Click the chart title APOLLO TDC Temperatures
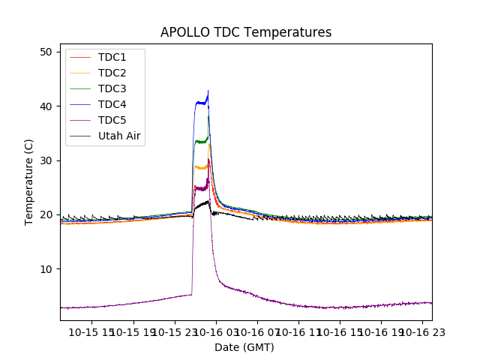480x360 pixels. pos(246,32)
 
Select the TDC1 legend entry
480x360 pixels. pos(112,57)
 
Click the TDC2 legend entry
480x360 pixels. pos(112,73)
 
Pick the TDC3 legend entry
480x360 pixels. pos(112,88)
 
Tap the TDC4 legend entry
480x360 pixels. pos(112,104)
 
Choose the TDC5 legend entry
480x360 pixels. pos(112,120)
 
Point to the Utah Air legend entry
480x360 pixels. pos(119,136)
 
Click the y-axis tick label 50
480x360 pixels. pos(46,52)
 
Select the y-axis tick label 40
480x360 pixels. pos(46,106)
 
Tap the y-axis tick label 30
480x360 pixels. pos(46,160)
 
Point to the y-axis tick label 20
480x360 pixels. pos(46,214)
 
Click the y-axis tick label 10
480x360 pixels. pos(46,269)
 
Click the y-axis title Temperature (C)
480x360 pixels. pos(29,182)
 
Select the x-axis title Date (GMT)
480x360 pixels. pos(244,347)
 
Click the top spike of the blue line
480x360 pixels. pos(208,91)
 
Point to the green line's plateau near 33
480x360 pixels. pos(200,141)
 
